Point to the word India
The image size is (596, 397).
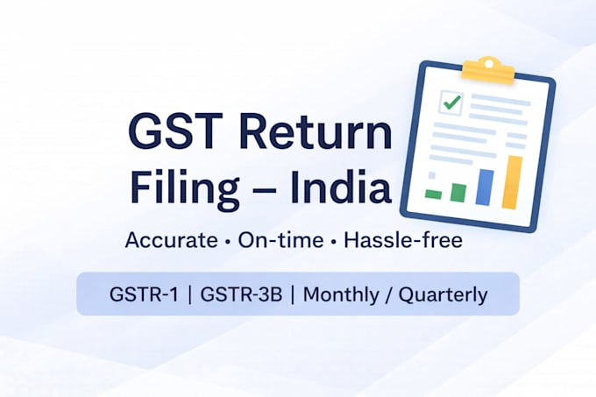click(340, 185)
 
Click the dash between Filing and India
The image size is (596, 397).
click(265, 189)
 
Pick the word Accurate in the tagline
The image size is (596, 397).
click(172, 240)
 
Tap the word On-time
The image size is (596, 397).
click(280, 240)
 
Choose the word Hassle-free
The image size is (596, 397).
click(403, 240)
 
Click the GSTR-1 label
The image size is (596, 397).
click(144, 294)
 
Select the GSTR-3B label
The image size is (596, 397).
click(241, 294)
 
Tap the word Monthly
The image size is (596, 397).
click(341, 294)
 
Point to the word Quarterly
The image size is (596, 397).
click(443, 295)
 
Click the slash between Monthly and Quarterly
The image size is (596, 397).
click(388, 294)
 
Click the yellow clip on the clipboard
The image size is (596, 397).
click(488, 71)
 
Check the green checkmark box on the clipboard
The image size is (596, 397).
click(451, 103)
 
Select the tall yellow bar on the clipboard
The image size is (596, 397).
click(512, 182)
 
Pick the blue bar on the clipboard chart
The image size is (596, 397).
click(485, 188)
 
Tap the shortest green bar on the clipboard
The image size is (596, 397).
click(433, 195)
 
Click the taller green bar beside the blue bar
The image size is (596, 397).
click(458, 193)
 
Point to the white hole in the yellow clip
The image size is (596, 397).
click(489, 63)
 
